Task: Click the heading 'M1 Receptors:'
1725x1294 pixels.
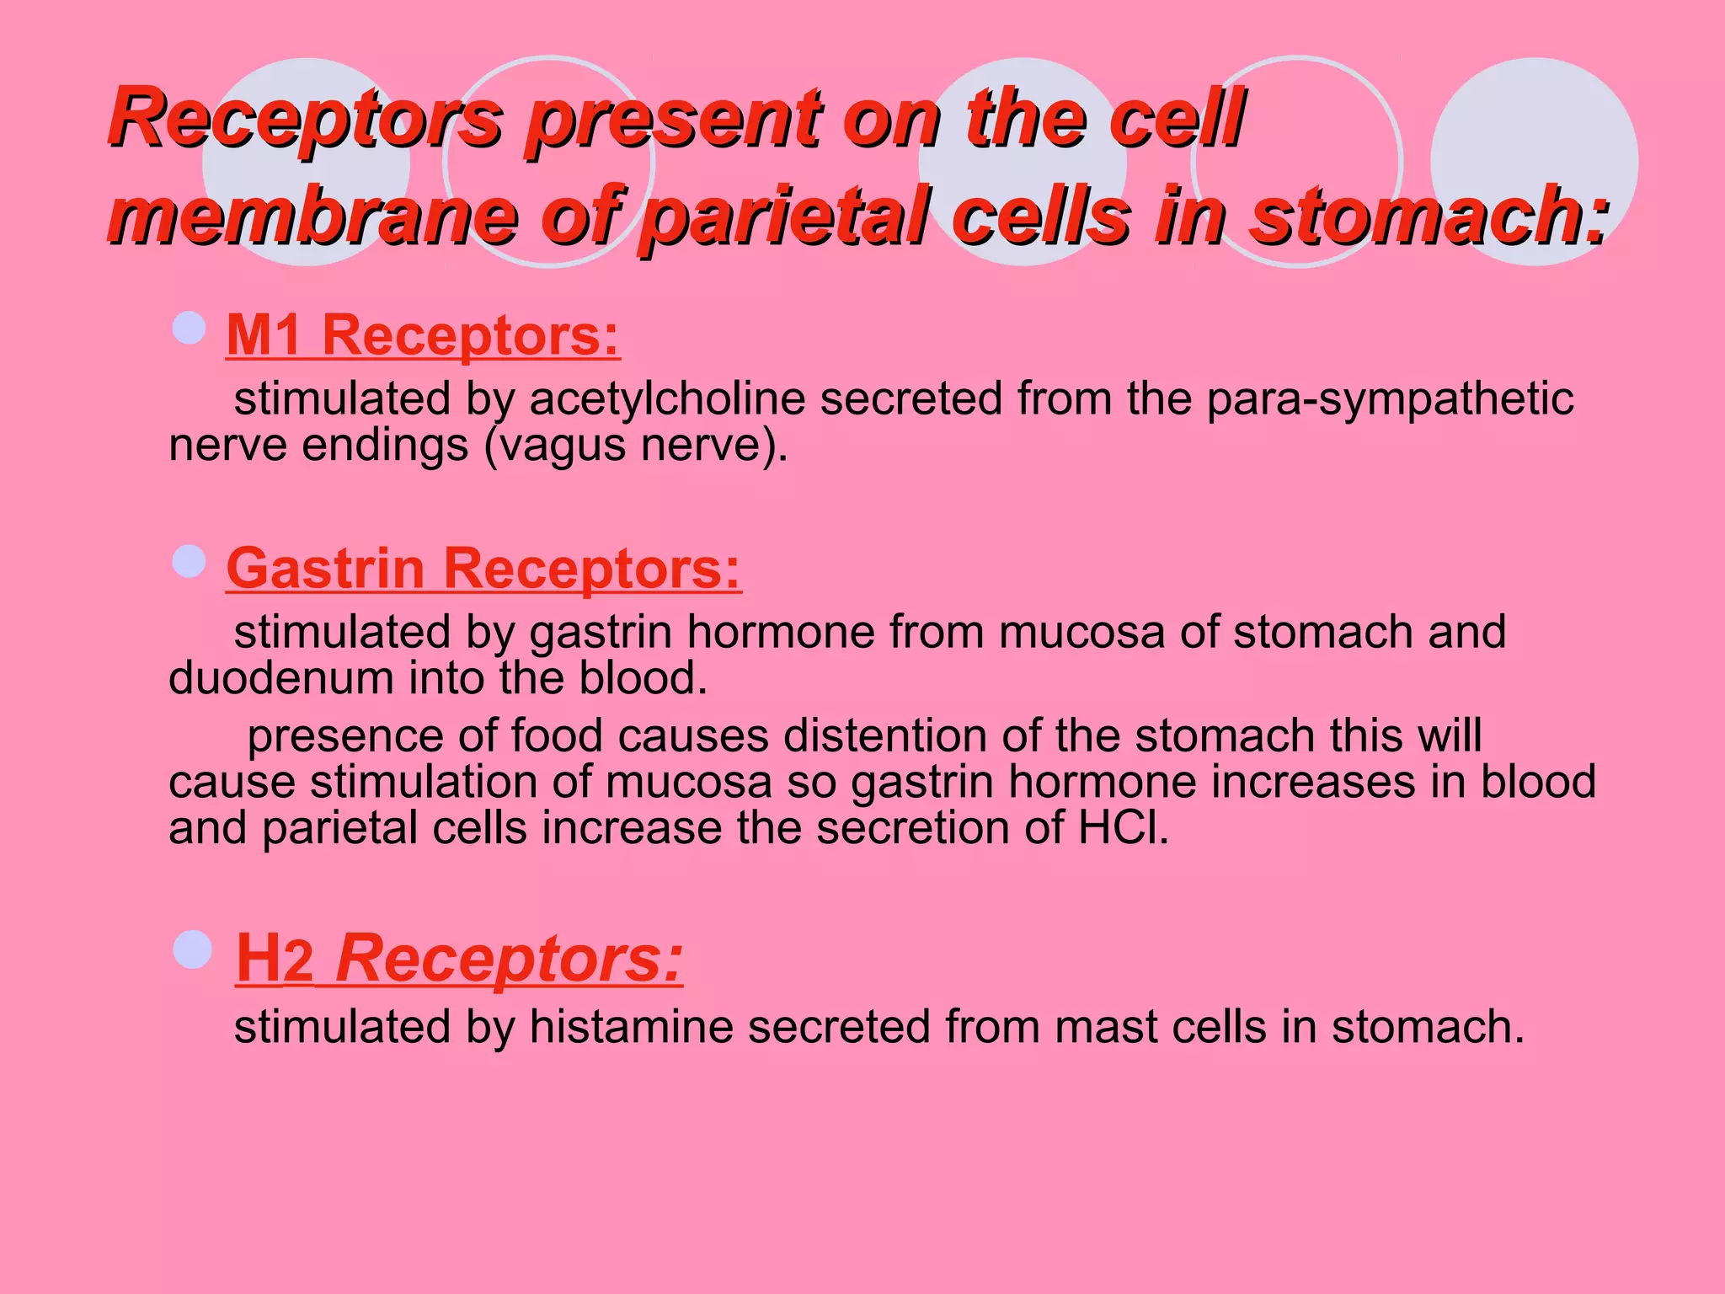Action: click(423, 335)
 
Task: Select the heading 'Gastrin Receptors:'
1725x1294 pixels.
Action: click(483, 569)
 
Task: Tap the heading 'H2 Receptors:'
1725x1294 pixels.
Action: click(459, 958)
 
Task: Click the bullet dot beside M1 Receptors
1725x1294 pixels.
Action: click(189, 328)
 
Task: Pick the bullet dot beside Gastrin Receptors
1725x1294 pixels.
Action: click(189, 561)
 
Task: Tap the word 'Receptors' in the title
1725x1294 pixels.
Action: click(305, 118)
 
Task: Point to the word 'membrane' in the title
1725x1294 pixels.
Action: click(312, 216)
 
